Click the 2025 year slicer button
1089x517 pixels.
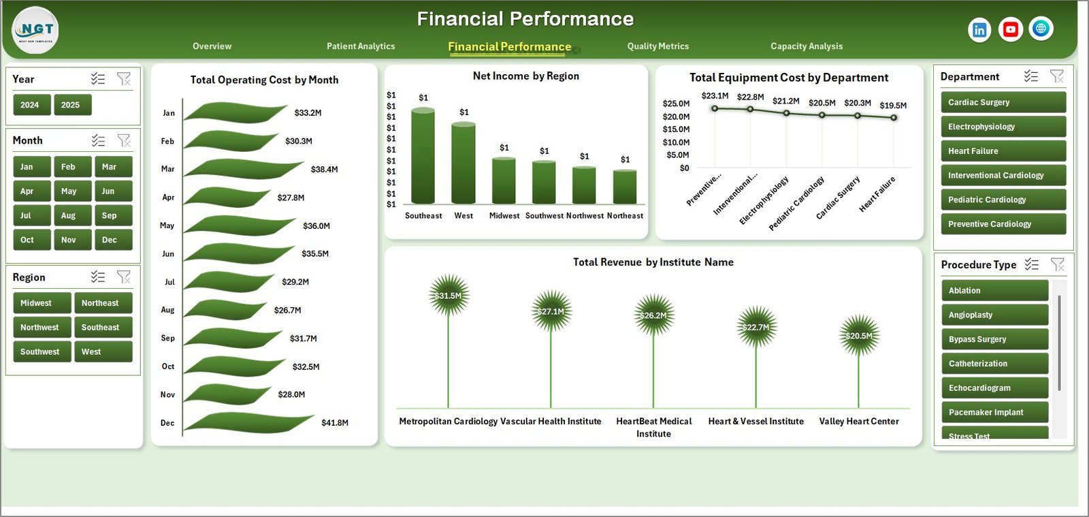(x=72, y=105)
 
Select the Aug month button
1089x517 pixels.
(x=69, y=215)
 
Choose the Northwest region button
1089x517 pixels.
(x=40, y=327)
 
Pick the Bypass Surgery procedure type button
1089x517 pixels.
(x=994, y=339)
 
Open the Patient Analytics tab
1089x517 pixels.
(x=361, y=46)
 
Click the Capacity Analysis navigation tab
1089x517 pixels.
(x=806, y=46)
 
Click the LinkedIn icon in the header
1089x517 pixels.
(x=979, y=29)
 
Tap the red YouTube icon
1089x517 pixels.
(x=1010, y=29)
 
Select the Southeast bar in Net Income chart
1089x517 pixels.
(x=423, y=156)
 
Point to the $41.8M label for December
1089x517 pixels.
(x=335, y=423)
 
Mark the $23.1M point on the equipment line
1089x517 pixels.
(x=715, y=108)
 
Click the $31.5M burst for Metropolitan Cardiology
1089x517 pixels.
(x=449, y=296)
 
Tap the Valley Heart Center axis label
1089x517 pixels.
(x=858, y=422)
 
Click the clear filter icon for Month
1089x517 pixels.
(x=124, y=140)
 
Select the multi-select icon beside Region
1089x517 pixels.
(x=98, y=277)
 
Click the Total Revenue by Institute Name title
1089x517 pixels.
(x=653, y=262)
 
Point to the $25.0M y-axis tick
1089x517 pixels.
(x=676, y=104)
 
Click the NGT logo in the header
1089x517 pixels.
(x=35, y=30)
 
